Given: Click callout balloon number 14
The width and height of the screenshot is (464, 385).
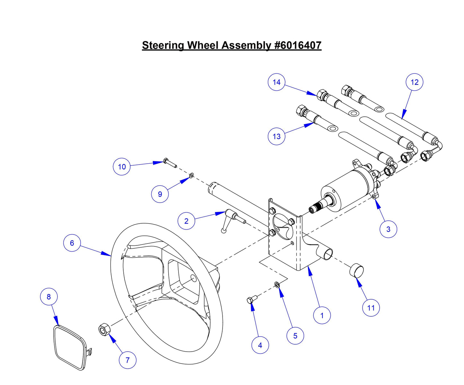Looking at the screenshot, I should [x=276, y=82].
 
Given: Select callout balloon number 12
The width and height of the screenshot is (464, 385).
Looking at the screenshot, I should [x=414, y=82].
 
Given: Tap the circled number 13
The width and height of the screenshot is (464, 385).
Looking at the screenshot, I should [x=276, y=136].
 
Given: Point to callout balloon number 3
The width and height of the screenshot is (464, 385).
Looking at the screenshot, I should [x=388, y=229].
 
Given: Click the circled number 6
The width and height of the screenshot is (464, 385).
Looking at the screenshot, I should [x=72, y=243].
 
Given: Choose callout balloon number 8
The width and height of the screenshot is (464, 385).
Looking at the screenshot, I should [x=49, y=296].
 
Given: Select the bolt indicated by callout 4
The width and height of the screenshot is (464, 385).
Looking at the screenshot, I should [x=251, y=300].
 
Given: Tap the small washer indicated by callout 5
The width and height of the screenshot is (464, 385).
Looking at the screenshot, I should [x=277, y=284].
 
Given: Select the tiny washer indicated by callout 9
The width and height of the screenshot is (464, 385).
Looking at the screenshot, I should [x=191, y=175].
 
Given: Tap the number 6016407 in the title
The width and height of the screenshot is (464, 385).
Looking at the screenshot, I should [x=298, y=45].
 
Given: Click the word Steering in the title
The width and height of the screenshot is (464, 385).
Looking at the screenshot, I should [x=163, y=45].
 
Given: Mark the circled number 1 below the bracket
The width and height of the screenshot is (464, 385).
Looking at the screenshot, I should [x=322, y=315].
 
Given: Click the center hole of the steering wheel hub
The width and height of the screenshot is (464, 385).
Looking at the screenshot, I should [x=193, y=278].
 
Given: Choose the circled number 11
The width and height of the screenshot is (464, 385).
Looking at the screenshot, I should [x=371, y=308].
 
